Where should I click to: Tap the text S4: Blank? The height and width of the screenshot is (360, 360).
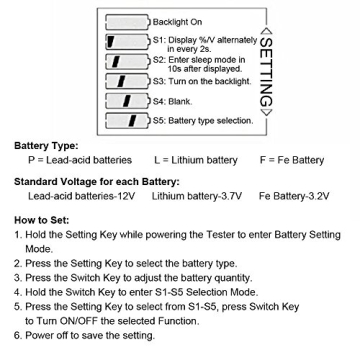click(171, 105)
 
